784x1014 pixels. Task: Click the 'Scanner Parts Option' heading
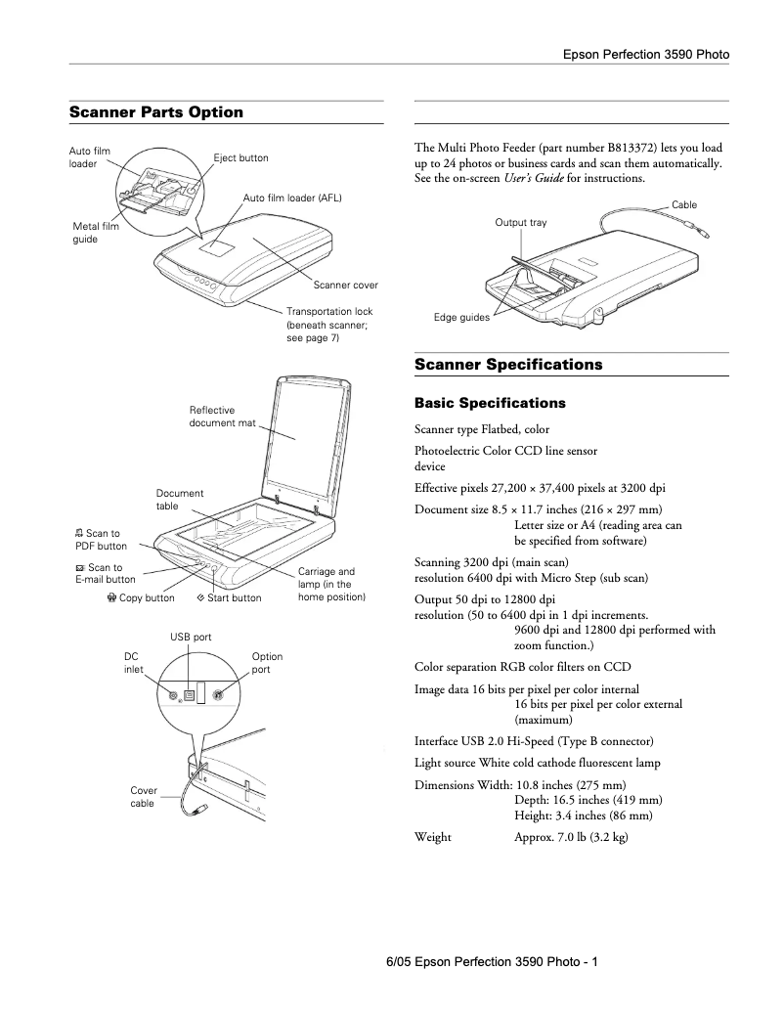tap(155, 112)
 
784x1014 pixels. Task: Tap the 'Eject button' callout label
tap(240, 158)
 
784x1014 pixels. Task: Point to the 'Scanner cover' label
tap(345, 286)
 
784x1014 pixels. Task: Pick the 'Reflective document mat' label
tap(222, 417)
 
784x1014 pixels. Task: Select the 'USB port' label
tap(191, 638)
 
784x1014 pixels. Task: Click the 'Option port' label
tap(267, 663)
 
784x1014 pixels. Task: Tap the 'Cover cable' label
tap(143, 797)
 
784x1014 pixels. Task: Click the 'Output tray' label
tap(520, 223)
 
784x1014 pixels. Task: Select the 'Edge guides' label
tap(461, 318)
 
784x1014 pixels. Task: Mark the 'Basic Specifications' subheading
tap(490, 403)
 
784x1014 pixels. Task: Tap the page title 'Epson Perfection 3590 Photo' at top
tap(645, 55)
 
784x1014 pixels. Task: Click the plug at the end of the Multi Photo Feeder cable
tap(703, 234)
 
